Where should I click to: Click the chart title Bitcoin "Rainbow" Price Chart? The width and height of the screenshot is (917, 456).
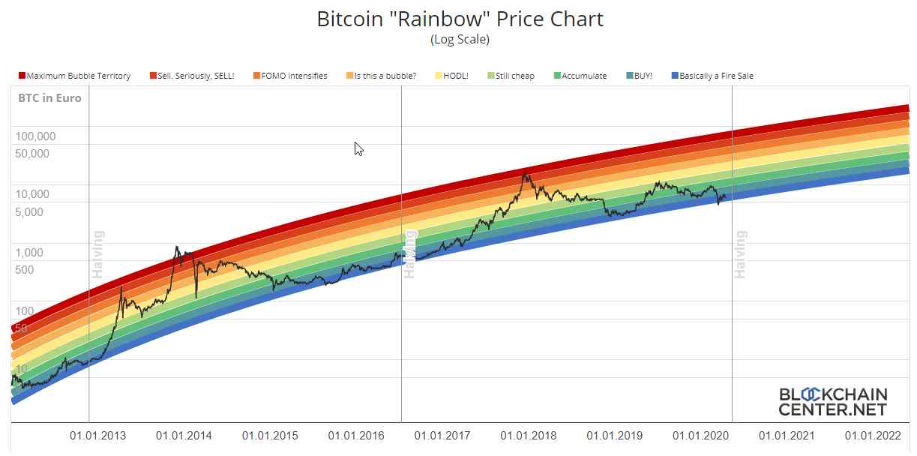(x=460, y=19)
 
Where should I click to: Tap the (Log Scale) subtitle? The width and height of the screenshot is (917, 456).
(x=460, y=39)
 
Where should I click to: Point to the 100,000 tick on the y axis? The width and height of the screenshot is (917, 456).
(x=34, y=136)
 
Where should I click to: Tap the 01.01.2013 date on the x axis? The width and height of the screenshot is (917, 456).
(x=97, y=436)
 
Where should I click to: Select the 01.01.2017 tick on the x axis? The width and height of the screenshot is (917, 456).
(x=442, y=436)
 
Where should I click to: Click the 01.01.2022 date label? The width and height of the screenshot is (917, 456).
(x=874, y=436)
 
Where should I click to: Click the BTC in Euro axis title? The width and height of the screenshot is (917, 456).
(x=49, y=98)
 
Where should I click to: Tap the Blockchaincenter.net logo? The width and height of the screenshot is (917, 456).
(x=833, y=402)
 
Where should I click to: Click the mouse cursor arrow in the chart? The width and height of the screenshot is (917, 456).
(x=358, y=148)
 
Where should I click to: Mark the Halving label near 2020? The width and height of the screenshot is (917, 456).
(x=741, y=254)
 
